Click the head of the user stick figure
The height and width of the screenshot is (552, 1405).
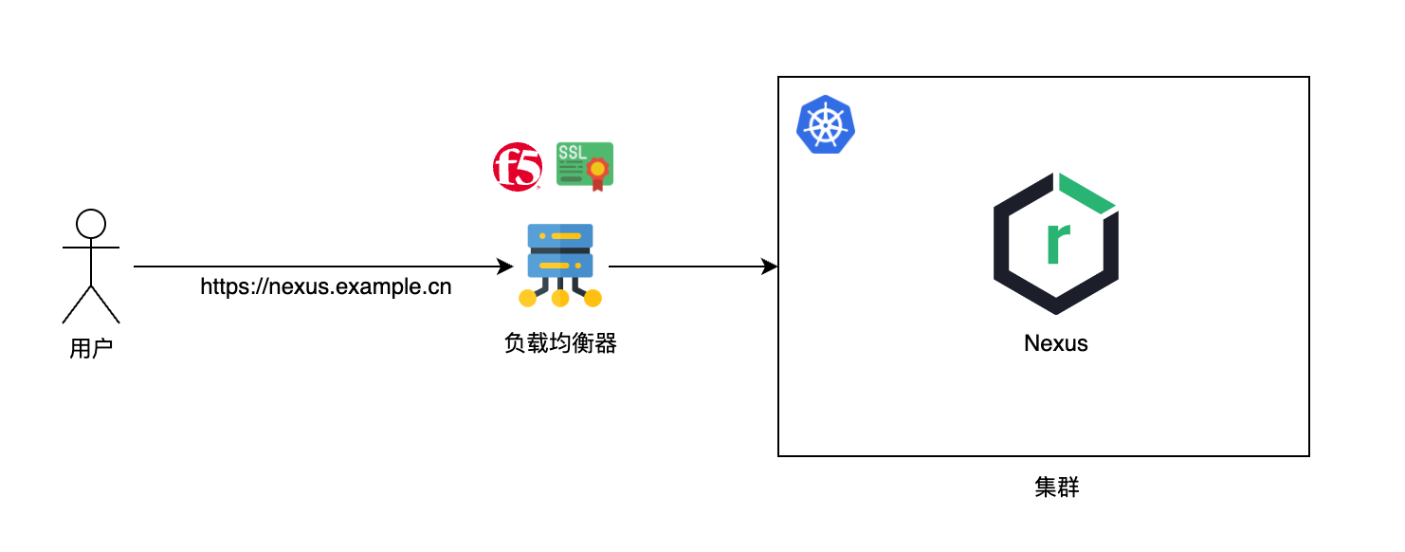[x=91, y=224]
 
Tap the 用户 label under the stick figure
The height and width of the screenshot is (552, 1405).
[x=91, y=348]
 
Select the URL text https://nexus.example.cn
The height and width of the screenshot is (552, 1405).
[x=325, y=286]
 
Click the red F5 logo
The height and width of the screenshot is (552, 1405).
[x=517, y=167]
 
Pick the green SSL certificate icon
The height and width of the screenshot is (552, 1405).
[x=584, y=165]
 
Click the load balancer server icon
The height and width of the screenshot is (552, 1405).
[x=560, y=264]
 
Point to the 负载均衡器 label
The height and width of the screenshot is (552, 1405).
[x=560, y=343]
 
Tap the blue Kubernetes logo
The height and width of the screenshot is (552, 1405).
[x=826, y=124]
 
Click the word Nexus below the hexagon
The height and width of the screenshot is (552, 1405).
[x=1056, y=343]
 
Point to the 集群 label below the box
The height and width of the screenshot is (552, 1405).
[x=1056, y=488]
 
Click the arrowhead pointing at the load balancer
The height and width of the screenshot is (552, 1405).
[x=506, y=267]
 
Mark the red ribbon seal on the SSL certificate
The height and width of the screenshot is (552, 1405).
[x=597, y=172]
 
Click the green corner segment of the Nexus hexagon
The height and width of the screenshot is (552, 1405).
[x=1086, y=193]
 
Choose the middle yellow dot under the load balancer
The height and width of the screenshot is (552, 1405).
[x=560, y=299]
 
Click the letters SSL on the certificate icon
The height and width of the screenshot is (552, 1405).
[x=573, y=152]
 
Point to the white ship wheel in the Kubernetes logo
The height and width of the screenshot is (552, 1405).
[x=826, y=125]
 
